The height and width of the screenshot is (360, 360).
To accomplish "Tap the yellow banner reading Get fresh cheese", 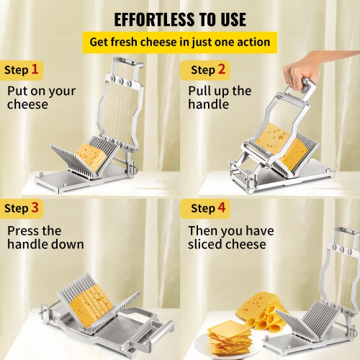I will (179, 42).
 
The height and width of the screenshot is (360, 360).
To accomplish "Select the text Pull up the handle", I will (220, 97).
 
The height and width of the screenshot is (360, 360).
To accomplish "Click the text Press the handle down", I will (45, 238).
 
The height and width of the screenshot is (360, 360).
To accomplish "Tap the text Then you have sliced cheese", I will (227, 238).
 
